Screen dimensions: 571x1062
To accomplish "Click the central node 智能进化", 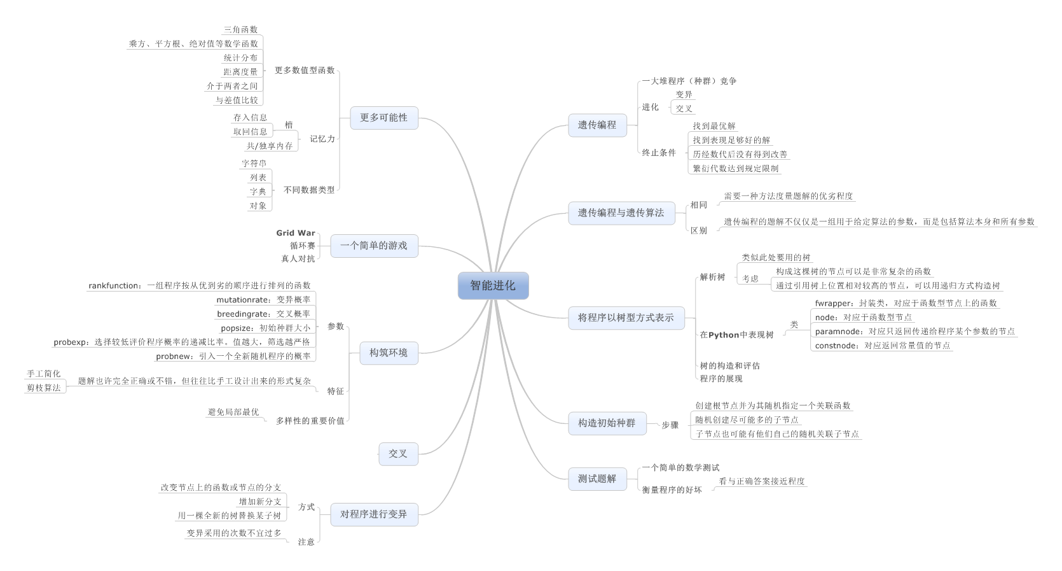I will pos(493,286).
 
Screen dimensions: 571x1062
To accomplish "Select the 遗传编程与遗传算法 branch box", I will pos(621,213).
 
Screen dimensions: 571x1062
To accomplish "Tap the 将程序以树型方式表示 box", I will pos(625,317).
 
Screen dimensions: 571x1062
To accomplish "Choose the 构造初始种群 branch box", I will pos(606,423).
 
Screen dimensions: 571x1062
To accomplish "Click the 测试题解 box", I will pos(597,479).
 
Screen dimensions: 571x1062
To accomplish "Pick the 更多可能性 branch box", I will pos(383,118).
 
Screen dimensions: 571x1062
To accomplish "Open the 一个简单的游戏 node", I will pos(373,246).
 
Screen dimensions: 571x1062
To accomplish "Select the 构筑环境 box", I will pos(388,353).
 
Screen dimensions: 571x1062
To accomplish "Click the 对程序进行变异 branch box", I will pos(373,514).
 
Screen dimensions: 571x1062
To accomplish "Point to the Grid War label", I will pos(296,233).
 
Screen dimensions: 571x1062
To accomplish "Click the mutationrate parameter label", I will pos(263,300).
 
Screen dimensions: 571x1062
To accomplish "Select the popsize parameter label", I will pos(265,328).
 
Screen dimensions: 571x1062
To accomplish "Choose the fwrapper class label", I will pos(906,304).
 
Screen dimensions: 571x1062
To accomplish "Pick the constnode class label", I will pos(882,346).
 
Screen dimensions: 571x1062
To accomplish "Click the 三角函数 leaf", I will pos(240,30).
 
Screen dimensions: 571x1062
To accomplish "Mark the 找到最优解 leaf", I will pos(714,126).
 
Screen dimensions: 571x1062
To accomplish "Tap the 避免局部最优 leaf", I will pos(233,412).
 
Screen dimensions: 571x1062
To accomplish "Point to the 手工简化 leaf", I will pos(44,374).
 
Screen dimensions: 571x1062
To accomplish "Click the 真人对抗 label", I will pos(298,258).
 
